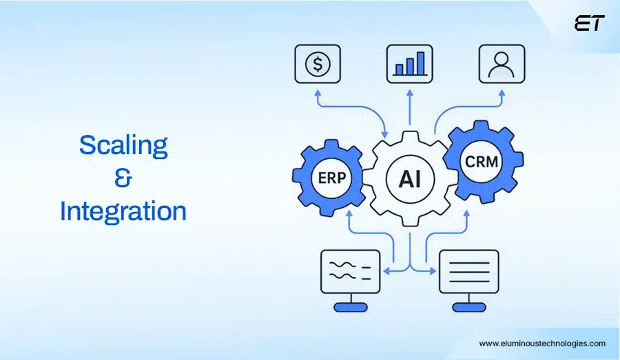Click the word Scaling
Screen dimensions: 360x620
pos(123,146)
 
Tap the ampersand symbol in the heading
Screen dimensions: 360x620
pos(123,178)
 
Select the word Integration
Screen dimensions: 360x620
pos(123,211)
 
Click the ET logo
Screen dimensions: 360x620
pos(589,23)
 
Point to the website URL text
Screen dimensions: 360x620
pos(542,343)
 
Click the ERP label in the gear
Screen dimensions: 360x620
pos(331,177)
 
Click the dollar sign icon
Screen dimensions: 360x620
pos(318,64)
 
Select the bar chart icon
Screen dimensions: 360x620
pos(409,64)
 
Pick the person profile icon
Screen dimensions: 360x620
pos(502,64)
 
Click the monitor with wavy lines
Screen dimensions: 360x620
pos(350,271)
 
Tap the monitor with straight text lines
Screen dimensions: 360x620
pos(468,271)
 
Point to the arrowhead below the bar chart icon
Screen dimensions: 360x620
pos(410,89)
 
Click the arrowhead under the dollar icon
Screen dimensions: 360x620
pos(318,91)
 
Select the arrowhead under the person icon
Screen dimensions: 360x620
pos(502,91)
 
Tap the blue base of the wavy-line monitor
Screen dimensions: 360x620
pos(350,305)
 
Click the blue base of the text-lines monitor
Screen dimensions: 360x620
pos(468,305)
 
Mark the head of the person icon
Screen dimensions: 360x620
pos(502,59)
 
